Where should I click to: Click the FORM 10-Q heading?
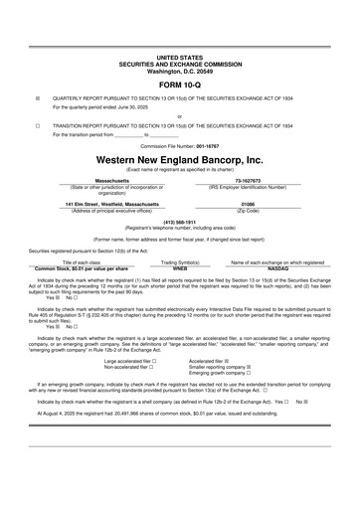(x=179, y=85)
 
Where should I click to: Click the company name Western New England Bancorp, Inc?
(x=179, y=158)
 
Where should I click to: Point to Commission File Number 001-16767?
(x=179, y=145)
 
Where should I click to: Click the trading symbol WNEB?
(x=180, y=267)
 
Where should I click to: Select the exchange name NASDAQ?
(x=277, y=267)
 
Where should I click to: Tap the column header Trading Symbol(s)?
(x=180, y=261)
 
